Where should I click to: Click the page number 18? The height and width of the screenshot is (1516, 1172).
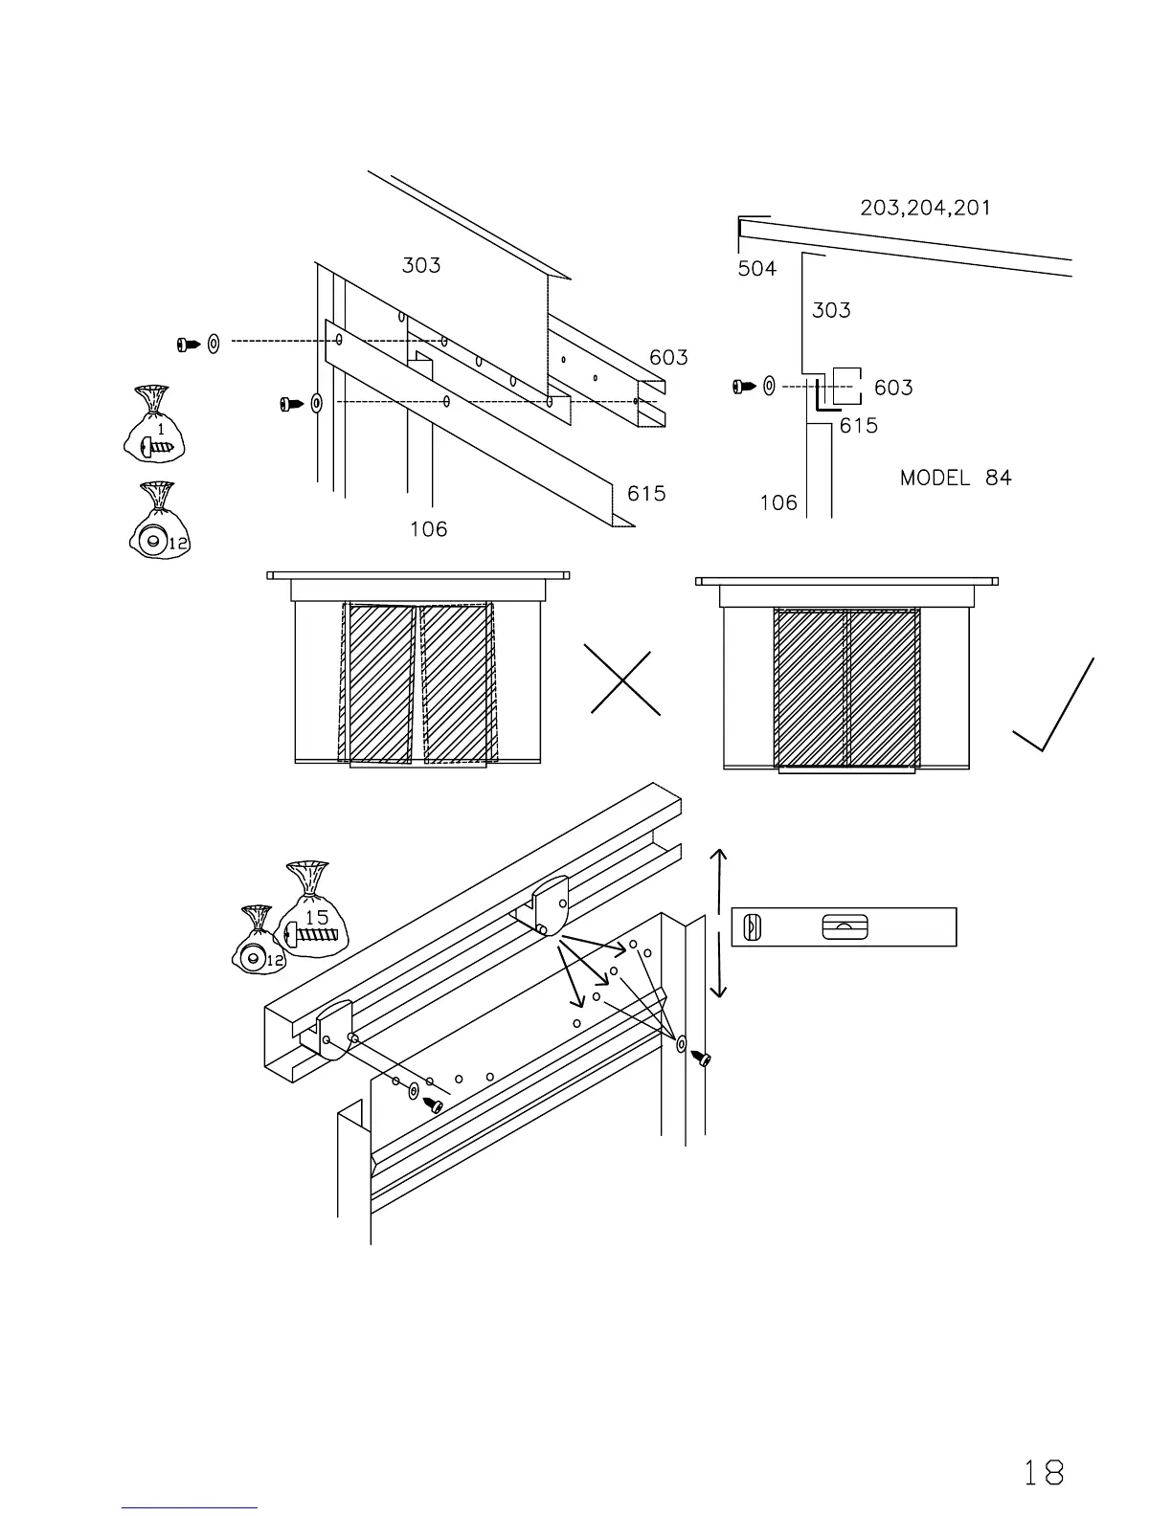click(x=1043, y=1472)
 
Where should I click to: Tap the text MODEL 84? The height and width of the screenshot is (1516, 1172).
click(x=955, y=478)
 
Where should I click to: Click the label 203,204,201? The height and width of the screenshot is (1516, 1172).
click(x=925, y=208)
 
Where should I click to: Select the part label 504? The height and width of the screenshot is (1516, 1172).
click(x=756, y=269)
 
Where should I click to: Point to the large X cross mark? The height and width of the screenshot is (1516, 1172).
click(x=625, y=682)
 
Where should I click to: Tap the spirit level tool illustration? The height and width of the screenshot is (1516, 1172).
click(x=844, y=926)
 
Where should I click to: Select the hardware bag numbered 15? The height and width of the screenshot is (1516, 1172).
click(x=312, y=909)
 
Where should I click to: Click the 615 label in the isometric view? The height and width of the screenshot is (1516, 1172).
click(x=646, y=494)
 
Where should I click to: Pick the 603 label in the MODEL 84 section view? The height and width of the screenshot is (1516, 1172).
click(x=893, y=388)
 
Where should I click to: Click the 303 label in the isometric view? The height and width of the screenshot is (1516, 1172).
click(x=421, y=265)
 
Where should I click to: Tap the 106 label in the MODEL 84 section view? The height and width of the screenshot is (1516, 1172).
click(x=778, y=502)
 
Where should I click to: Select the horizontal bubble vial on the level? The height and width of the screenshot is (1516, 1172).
click(x=845, y=927)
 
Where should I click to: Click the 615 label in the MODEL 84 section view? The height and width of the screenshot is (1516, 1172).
click(x=858, y=426)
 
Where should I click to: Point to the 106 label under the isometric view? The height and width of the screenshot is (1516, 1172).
click(x=428, y=529)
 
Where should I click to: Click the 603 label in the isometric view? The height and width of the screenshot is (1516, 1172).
click(x=668, y=358)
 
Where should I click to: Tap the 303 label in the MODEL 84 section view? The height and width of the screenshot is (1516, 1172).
click(x=831, y=310)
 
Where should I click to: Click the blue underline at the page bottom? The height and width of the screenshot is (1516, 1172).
click(x=190, y=1507)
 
